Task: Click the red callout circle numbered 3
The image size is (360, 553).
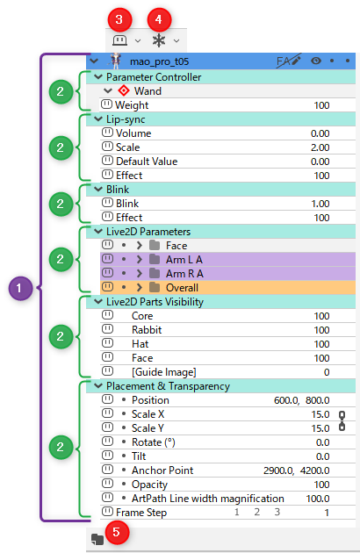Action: pyautogui.click(x=119, y=19)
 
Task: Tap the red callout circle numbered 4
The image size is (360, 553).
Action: pyautogui.click(x=159, y=19)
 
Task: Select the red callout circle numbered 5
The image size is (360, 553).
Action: pyautogui.click(x=116, y=532)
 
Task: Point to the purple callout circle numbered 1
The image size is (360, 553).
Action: pyautogui.click(x=20, y=289)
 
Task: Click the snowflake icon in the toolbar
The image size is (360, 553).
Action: pyautogui.click(x=159, y=40)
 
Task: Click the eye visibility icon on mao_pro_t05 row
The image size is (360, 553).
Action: pyautogui.click(x=316, y=61)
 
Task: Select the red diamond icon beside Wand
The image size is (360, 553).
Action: pyautogui.click(x=124, y=90)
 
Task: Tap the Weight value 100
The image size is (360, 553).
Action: pyautogui.click(x=321, y=105)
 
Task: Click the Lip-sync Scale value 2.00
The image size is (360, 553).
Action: pyautogui.click(x=320, y=147)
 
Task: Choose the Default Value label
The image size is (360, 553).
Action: pyautogui.click(x=147, y=162)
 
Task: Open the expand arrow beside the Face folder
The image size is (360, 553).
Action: pyautogui.click(x=139, y=245)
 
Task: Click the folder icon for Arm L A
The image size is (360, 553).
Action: pyautogui.click(x=155, y=260)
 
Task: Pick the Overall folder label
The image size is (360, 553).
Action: pyautogui.click(x=182, y=288)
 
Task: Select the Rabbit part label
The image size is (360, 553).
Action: pyautogui.click(x=147, y=330)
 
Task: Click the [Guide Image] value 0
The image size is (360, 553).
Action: pyautogui.click(x=327, y=372)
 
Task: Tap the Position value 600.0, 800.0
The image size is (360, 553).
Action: pyautogui.click(x=302, y=400)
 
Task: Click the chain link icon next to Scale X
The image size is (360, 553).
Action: pyautogui.click(x=342, y=421)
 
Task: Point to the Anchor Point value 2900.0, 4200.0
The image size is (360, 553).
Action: pyautogui.click(x=297, y=470)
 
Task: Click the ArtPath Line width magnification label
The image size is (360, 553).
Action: pyautogui.click(x=208, y=499)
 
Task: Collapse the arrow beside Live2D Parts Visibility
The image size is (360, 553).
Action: pyautogui.click(x=98, y=302)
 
